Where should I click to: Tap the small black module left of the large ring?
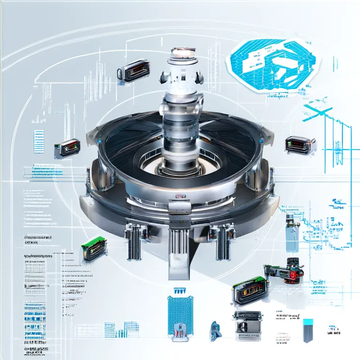(x=65, y=148)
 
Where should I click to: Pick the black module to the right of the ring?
(x=298, y=144)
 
